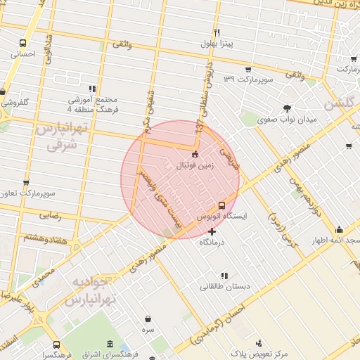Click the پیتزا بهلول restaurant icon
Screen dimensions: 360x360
(218, 32)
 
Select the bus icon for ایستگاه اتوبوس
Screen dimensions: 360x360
(222, 205)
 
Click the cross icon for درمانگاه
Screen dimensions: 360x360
(212, 231)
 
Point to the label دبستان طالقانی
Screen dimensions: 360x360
(223, 286)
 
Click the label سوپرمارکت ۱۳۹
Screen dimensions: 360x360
(248, 79)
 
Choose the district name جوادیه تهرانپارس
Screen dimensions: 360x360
(87, 290)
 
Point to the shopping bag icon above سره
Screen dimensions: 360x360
(148, 319)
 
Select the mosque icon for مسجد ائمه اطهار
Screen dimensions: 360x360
(339, 230)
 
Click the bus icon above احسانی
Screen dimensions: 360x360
(24, 42)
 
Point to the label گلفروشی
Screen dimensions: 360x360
(14, 102)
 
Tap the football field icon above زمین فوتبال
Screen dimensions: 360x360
(195, 155)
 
